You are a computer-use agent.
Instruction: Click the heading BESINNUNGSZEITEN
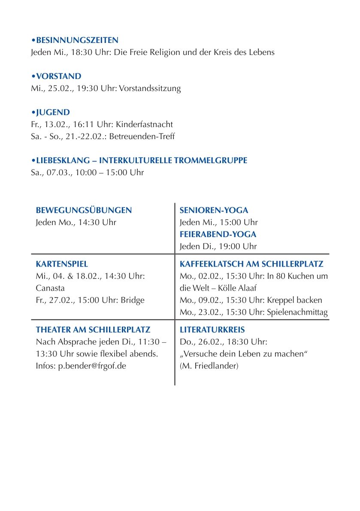(77, 40)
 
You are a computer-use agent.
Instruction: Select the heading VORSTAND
(58, 76)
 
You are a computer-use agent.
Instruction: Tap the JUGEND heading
(53, 113)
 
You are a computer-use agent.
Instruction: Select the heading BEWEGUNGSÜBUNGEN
(84, 210)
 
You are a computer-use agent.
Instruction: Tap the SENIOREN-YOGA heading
(214, 210)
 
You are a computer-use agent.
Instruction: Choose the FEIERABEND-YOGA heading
(218, 234)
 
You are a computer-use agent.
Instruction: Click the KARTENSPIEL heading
(62, 264)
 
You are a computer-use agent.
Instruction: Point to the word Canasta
(50, 288)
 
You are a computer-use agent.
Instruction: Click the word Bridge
(133, 300)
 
